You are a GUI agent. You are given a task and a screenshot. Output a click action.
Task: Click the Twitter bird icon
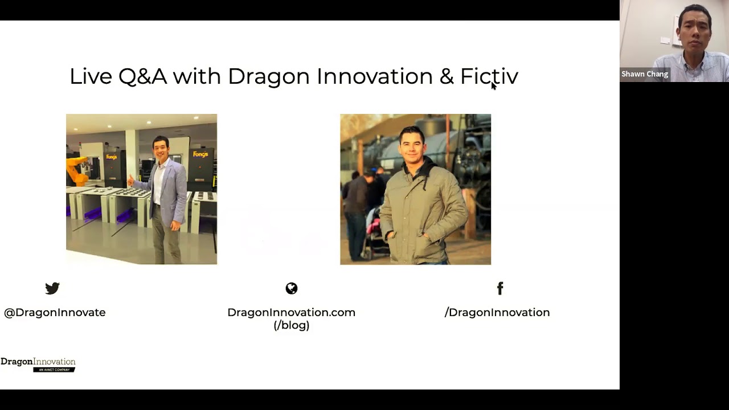(x=52, y=288)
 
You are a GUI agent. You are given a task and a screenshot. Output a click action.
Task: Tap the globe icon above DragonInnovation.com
(x=292, y=288)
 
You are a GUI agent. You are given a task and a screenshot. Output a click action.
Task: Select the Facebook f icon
(x=500, y=288)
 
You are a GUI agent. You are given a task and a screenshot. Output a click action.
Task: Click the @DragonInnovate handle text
(x=55, y=313)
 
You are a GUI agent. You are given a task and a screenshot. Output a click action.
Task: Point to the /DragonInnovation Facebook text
(x=497, y=313)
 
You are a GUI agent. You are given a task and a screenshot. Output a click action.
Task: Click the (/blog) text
(x=292, y=325)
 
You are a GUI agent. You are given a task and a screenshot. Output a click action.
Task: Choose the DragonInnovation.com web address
(x=292, y=313)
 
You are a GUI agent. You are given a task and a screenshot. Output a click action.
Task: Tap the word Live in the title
(x=91, y=76)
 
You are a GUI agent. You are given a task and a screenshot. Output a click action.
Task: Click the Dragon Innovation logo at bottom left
(x=38, y=364)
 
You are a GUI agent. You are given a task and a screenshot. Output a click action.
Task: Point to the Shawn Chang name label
(x=645, y=74)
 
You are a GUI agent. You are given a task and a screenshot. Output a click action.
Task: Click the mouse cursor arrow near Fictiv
(x=493, y=85)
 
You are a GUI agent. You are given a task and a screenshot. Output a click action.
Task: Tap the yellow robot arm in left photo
(x=77, y=169)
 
